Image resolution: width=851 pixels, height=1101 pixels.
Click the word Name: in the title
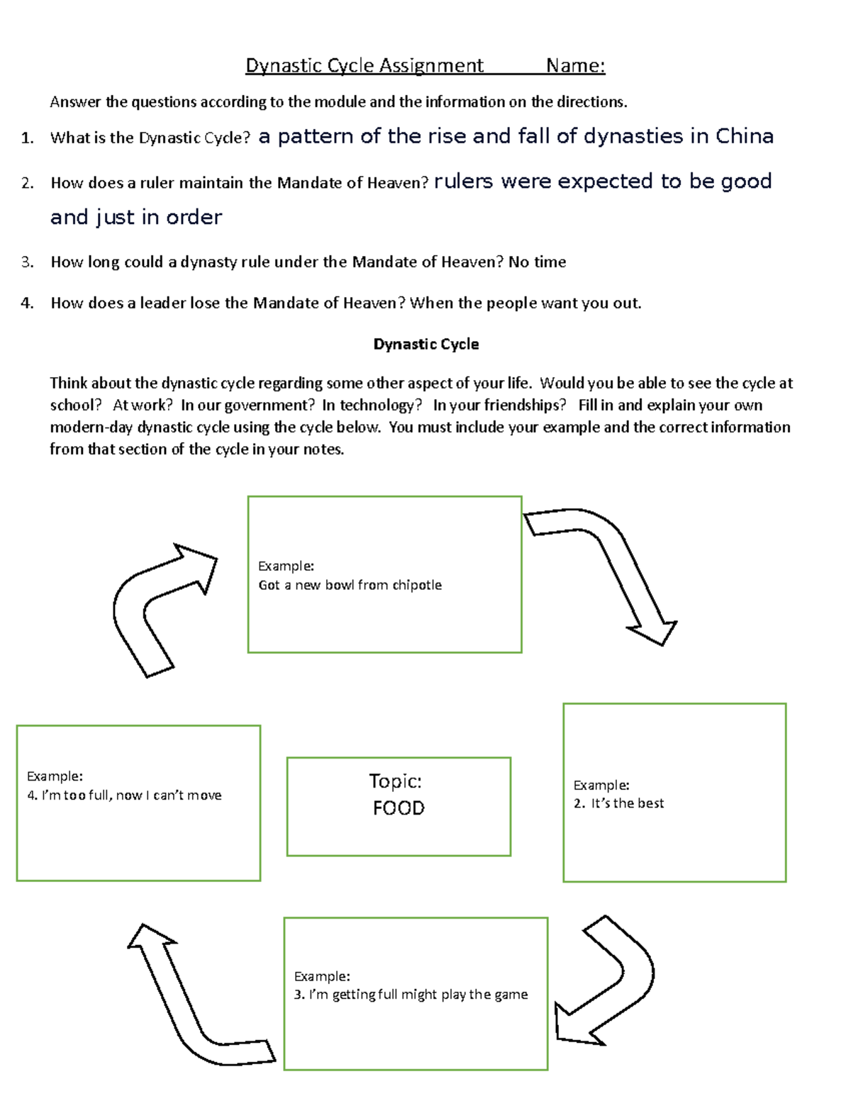point(575,66)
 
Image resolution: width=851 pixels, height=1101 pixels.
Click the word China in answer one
point(744,136)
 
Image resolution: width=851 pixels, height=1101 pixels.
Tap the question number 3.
point(27,262)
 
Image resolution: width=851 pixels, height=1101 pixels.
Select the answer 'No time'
point(537,262)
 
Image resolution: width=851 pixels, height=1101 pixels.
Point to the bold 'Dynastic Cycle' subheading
point(425,345)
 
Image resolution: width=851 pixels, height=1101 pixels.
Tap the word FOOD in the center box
point(399,808)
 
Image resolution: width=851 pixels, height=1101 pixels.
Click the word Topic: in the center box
point(395,781)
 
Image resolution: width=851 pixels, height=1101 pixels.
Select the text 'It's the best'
point(627,803)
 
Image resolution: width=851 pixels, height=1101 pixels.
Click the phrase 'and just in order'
point(136,217)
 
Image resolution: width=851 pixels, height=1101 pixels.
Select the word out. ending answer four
point(627,303)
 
